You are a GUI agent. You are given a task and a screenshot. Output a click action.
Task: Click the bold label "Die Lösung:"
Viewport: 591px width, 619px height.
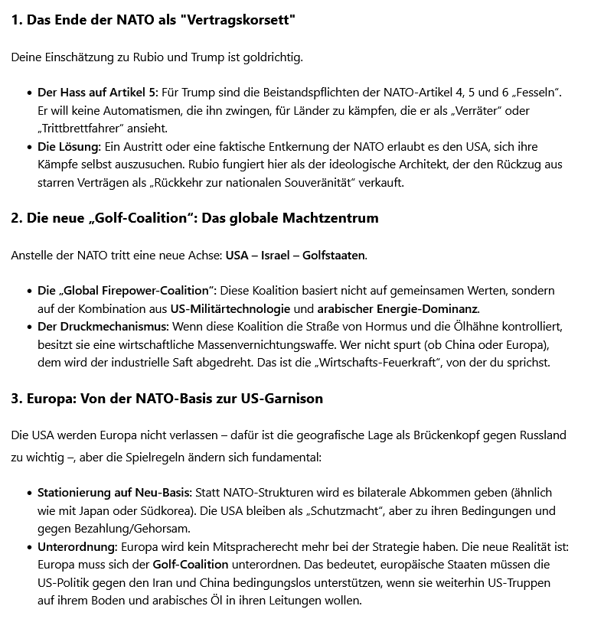69,146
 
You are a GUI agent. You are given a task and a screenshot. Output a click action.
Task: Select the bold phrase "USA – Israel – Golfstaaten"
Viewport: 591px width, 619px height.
295,255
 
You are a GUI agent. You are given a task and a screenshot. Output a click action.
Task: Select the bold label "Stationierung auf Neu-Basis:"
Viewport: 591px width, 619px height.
113,492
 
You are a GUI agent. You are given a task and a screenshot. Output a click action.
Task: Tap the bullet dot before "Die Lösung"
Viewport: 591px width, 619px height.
28,146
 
